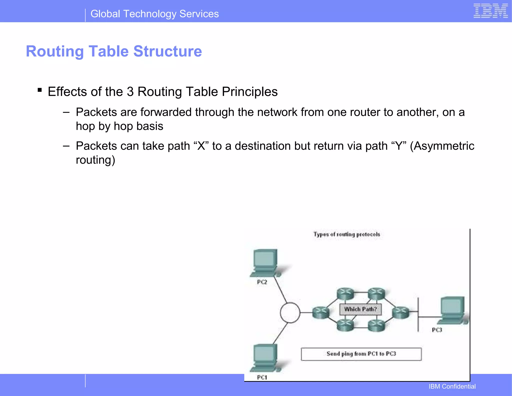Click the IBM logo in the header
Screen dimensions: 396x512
coord(490,11)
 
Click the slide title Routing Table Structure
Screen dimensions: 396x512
coord(114,51)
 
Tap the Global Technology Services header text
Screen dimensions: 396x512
coord(154,14)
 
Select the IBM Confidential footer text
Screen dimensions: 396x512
coord(452,386)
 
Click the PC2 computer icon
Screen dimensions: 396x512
coord(265,262)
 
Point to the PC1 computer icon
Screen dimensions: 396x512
coord(265,357)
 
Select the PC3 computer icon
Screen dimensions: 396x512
coord(452,310)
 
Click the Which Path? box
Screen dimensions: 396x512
coord(360,309)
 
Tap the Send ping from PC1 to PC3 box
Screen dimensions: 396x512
coord(361,354)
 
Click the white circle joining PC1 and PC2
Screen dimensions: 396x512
coord(290,312)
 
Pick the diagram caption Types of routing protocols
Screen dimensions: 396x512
coord(347,234)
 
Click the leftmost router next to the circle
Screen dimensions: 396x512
coord(321,312)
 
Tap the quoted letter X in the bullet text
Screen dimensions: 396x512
coord(201,146)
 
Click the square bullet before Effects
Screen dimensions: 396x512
coord(39,90)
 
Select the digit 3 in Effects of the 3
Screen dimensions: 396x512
coord(130,92)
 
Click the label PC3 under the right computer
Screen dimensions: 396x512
coord(437,330)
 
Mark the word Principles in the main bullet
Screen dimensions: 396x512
coord(250,92)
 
